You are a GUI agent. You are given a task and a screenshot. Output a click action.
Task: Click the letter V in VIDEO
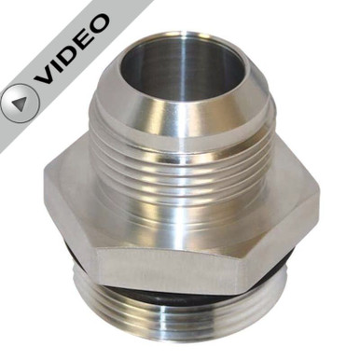(47, 75)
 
